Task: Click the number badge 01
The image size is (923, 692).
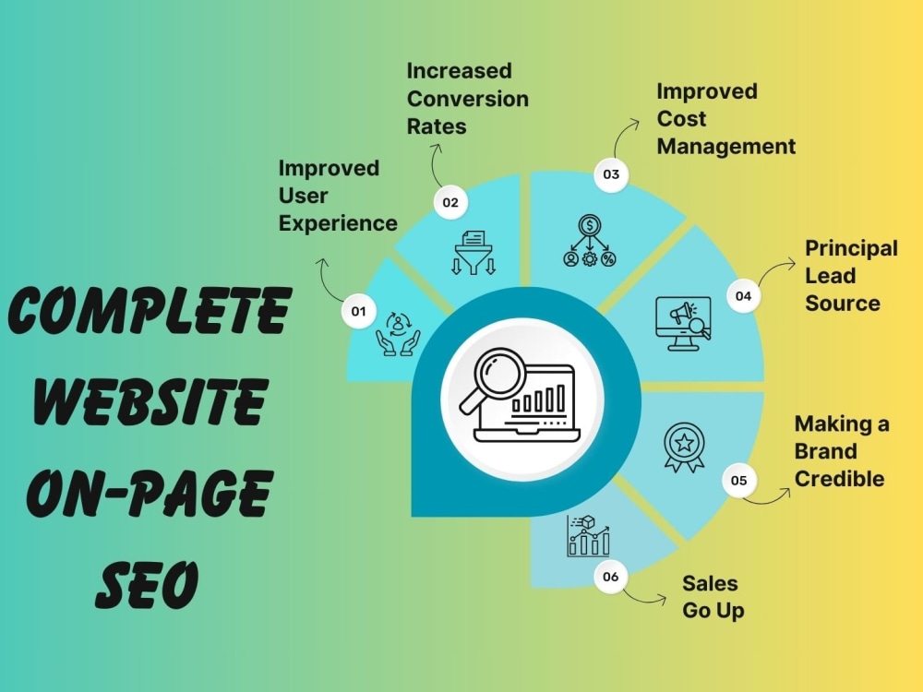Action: tap(358, 311)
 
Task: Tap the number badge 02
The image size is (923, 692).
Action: tap(450, 202)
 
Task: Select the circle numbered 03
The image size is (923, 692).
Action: tap(611, 174)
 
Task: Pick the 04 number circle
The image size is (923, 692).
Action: tap(743, 296)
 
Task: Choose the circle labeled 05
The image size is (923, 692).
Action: tap(738, 480)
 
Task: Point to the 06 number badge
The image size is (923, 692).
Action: tap(610, 577)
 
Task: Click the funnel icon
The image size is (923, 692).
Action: tap(473, 253)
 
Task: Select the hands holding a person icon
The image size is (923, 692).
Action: tap(399, 335)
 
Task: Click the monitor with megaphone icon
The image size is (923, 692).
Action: tap(683, 324)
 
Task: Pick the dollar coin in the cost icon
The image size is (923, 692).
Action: tap(589, 225)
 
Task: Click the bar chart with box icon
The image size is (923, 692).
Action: tap(588, 536)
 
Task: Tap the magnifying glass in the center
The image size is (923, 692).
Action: tap(493, 380)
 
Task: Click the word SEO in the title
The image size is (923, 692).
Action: tap(147, 584)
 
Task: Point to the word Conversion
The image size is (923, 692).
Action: tap(468, 99)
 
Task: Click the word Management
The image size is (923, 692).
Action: tap(726, 147)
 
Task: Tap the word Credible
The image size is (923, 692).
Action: tap(839, 478)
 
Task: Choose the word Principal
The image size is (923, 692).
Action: tap(852, 248)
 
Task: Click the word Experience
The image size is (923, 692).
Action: tap(338, 223)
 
